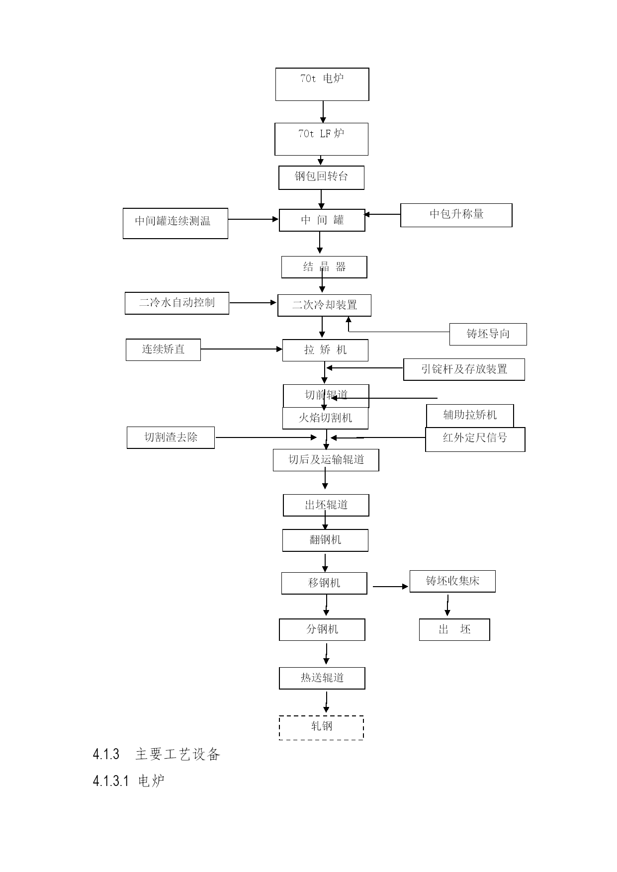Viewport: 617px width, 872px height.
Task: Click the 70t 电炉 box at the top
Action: (x=322, y=85)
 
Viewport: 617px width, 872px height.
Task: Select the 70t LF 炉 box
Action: (x=321, y=139)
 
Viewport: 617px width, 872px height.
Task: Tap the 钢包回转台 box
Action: (x=321, y=177)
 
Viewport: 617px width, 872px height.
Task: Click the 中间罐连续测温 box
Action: (x=176, y=223)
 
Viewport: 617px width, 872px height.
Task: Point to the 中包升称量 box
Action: (x=456, y=215)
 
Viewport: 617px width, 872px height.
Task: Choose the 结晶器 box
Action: (x=324, y=267)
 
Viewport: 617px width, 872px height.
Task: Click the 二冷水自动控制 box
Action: (x=177, y=303)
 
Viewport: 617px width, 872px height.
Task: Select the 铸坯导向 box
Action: (x=488, y=334)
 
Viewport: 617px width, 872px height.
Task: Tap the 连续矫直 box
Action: (x=163, y=350)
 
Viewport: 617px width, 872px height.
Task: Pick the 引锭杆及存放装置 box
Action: (x=464, y=369)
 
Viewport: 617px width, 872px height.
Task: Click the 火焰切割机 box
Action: (x=325, y=418)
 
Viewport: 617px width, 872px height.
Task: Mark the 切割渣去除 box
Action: (x=171, y=437)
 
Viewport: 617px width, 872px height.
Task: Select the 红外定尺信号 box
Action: (x=475, y=439)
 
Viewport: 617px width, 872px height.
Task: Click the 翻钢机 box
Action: (x=325, y=540)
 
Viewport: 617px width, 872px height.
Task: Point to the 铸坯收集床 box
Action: (x=452, y=581)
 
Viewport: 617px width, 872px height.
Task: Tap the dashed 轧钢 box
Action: (x=321, y=728)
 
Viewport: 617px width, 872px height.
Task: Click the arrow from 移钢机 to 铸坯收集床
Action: (x=391, y=587)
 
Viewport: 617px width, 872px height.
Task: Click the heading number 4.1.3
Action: (x=106, y=755)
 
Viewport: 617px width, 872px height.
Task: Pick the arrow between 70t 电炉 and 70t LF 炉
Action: (x=323, y=112)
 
